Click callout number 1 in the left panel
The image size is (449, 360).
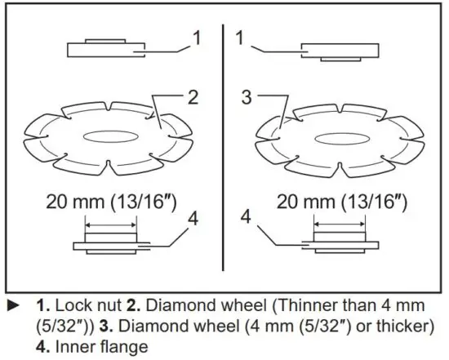pos(196,38)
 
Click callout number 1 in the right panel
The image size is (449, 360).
pos(240,38)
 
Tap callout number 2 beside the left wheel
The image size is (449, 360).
pos(193,98)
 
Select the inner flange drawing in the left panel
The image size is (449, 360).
pos(111,242)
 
